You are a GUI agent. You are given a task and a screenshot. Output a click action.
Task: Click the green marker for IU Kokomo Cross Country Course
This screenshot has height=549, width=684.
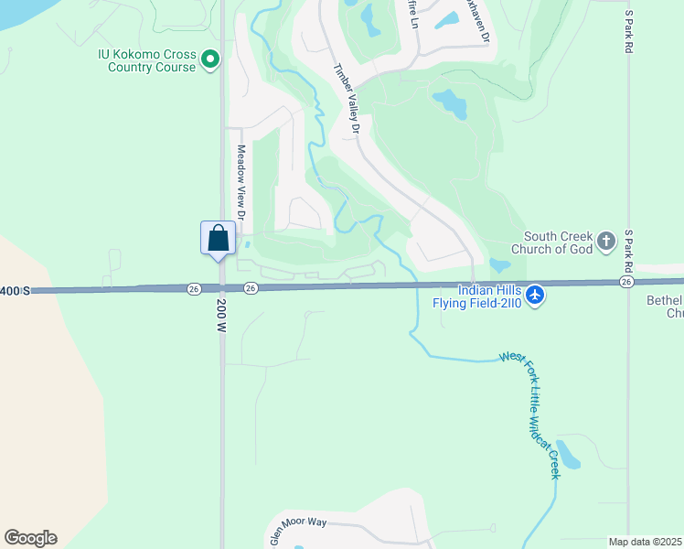click(210, 60)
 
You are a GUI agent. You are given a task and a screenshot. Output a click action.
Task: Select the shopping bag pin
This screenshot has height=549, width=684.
click(219, 240)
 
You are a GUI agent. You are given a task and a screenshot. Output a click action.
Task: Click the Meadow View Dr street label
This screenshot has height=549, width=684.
click(242, 182)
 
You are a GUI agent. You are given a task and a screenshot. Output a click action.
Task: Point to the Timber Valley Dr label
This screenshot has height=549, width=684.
click(347, 100)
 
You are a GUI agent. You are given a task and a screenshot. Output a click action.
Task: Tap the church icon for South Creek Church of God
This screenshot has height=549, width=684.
click(605, 242)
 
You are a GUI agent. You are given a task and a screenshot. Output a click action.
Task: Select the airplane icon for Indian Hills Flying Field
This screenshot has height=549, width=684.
click(536, 295)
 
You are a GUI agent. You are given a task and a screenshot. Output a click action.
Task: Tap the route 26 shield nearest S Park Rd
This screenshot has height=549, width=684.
click(625, 283)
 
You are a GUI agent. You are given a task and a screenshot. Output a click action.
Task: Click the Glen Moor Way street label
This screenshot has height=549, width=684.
click(298, 529)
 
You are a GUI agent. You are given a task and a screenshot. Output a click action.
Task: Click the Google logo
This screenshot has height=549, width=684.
click(30, 538)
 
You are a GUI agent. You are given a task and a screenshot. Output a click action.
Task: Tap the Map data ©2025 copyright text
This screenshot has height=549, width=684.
click(646, 542)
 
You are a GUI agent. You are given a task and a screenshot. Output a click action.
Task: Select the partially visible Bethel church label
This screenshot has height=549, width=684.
click(664, 307)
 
